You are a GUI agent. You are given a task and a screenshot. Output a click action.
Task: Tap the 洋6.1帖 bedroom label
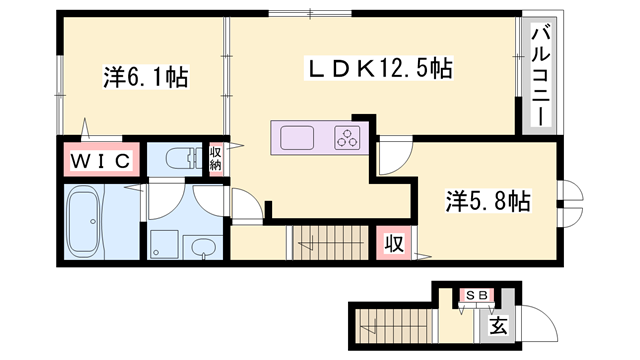[146, 76]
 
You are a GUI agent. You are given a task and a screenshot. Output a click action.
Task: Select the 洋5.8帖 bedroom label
[487, 201]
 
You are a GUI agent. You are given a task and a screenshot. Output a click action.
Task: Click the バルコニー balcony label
[537, 74]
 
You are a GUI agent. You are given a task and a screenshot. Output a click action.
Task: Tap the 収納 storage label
[215, 158]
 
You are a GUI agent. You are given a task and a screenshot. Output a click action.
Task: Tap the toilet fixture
[180, 158]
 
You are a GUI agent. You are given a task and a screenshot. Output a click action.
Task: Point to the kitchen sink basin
[299, 136]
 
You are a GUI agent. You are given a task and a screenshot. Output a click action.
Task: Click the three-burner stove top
[347, 137]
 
